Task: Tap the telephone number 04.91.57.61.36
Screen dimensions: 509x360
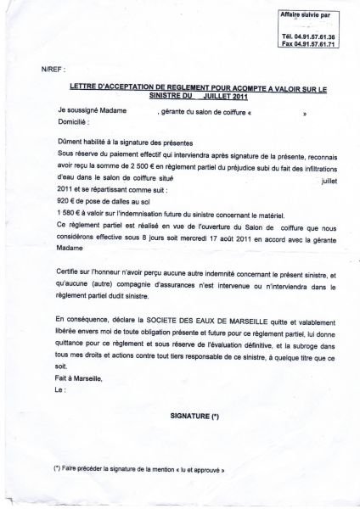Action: tap(317, 36)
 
